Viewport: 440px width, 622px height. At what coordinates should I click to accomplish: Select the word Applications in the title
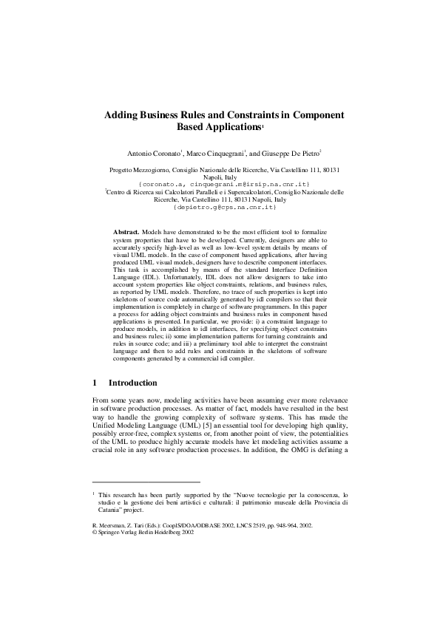coord(231,127)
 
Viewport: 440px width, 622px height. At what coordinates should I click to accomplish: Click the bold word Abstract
coord(126,232)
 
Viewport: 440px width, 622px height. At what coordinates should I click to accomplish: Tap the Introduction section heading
coord(132,383)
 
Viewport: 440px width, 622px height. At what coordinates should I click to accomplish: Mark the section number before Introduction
coord(95,383)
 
